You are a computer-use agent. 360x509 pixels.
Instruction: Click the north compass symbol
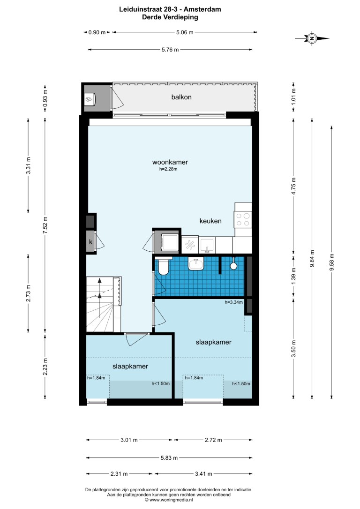tap(312, 38)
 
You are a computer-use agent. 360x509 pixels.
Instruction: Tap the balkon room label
tap(181, 97)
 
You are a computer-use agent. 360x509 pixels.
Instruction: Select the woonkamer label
tap(170, 162)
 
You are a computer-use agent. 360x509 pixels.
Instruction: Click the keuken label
tap(210, 221)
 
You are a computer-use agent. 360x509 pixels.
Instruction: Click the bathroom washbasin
tap(196, 264)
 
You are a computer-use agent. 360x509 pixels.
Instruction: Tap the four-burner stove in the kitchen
tap(243, 219)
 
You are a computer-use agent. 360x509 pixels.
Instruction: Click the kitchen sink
tap(207, 245)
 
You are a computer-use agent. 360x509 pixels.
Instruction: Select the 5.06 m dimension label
tap(185, 32)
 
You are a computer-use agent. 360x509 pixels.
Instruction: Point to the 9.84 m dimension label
tap(312, 258)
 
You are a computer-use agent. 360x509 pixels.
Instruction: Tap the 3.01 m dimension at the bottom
tap(129, 440)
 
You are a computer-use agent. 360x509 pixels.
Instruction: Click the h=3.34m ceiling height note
tap(234, 302)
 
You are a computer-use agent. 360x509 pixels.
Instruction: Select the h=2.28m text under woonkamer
tap(168, 169)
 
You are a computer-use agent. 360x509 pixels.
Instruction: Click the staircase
tap(104, 304)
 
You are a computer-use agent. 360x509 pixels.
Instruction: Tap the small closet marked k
tap(90, 241)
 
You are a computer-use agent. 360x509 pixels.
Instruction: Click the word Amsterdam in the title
tap(202, 9)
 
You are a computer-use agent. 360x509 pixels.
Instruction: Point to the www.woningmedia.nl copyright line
tap(169, 500)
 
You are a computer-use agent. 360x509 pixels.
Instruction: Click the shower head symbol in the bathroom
tap(233, 265)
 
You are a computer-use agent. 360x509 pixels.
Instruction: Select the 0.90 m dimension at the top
tap(97, 32)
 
